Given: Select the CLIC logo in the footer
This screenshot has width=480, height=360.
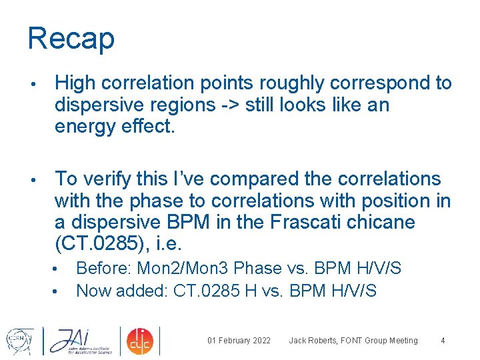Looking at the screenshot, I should [139, 340].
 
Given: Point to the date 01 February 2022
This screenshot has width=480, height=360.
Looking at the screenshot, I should [239, 341].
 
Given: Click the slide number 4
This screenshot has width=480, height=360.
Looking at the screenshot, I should [443, 341].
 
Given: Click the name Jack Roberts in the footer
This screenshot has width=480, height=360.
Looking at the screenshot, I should [313, 341].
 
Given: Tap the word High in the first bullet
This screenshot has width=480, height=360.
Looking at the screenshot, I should [77, 83].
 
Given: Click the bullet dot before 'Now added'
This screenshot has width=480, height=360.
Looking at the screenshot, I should [59, 291].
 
